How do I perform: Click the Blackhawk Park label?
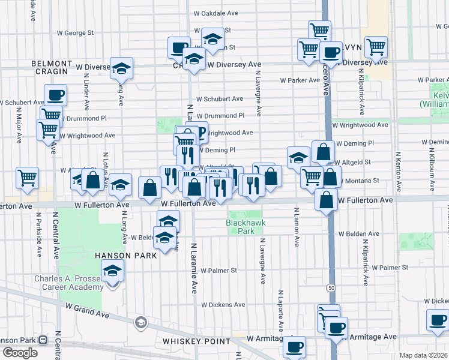pyautogui.click(x=246, y=227)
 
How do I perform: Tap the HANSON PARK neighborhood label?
pyautogui.click(x=125, y=255)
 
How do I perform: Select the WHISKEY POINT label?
pyautogui.click(x=196, y=341)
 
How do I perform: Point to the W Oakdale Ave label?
pyautogui.click(x=215, y=13)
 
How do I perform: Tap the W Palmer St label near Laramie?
pyautogui.click(x=219, y=271)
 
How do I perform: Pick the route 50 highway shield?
pyautogui.click(x=331, y=288)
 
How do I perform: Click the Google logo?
pyautogui.click(x=20, y=353)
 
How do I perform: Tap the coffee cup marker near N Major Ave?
pyautogui.click(x=55, y=95)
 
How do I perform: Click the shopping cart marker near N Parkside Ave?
pyautogui.click(x=28, y=178)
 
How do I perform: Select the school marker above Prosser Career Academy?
pyautogui.click(x=112, y=271)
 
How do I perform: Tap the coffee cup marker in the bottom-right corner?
pyautogui.click(x=438, y=320)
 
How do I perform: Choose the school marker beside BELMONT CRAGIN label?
pyautogui.click(x=121, y=69)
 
